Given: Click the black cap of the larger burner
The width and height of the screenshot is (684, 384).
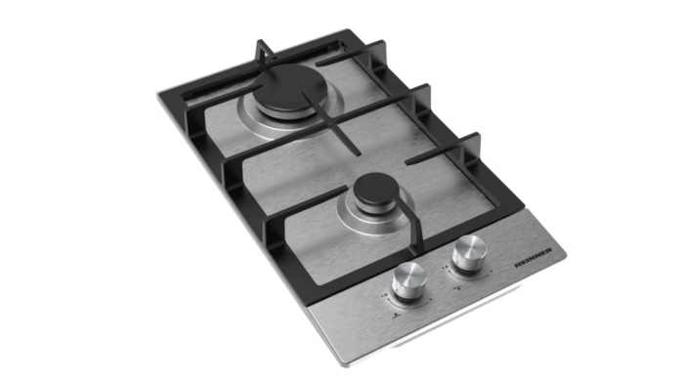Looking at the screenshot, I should point(280,103).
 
